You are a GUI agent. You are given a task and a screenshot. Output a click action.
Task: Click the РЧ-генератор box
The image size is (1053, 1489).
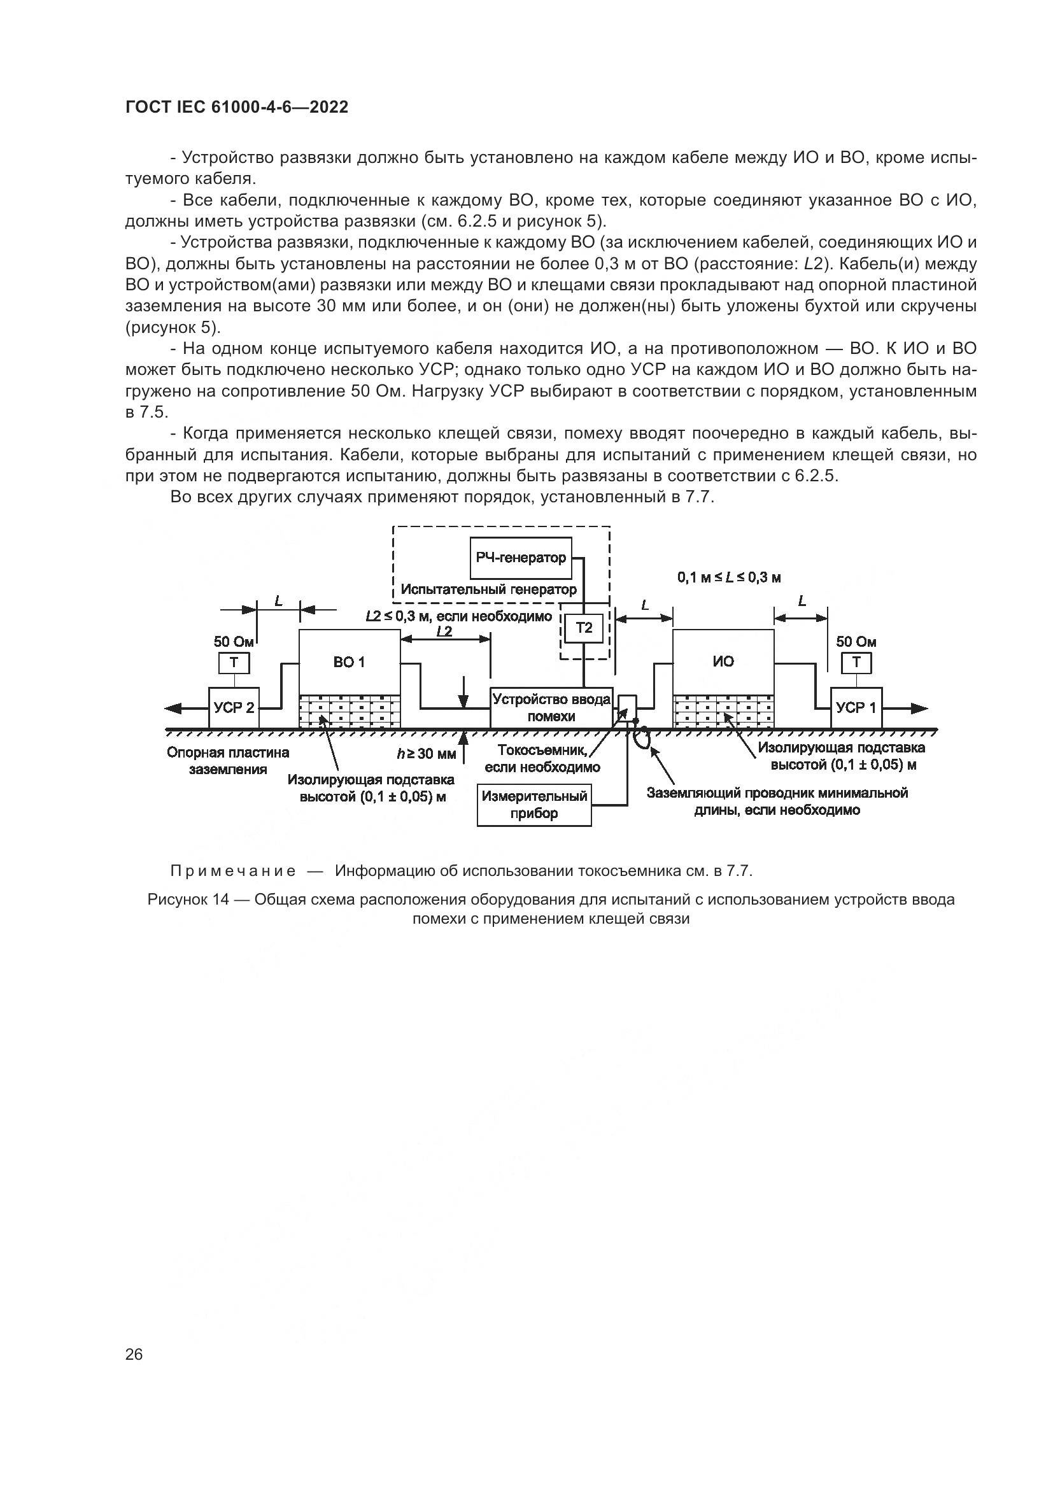point(521,558)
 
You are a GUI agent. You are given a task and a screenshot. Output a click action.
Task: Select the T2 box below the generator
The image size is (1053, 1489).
point(584,628)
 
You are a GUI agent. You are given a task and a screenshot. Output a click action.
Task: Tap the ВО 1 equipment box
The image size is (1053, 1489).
point(349,661)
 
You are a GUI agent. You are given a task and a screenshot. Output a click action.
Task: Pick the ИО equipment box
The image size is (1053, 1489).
point(723,661)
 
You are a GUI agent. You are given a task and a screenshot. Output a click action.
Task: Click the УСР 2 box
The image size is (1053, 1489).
point(234,707)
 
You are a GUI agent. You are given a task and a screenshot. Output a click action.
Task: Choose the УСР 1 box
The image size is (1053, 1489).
point(856,707)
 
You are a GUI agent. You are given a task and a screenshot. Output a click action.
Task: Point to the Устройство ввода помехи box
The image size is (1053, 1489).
point(551,707)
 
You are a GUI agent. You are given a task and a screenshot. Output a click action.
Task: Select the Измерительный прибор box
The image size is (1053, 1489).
point(534,805)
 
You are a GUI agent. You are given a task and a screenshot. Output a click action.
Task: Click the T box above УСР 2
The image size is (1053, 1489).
point(234,663)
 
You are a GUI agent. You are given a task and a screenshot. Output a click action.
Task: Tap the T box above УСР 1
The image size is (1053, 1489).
point(856,663)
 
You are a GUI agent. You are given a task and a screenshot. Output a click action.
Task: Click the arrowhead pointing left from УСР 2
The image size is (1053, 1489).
point(174,709)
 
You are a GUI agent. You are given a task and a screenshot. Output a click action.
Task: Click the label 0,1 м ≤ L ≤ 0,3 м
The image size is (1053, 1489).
point(729,577)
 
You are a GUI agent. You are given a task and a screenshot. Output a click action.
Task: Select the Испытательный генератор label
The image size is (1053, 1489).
point(488,589)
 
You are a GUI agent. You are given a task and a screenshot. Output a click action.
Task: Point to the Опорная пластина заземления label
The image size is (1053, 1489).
point(227,761)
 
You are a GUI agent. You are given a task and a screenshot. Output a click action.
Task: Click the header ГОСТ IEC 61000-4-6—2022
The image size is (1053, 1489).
point(237,107)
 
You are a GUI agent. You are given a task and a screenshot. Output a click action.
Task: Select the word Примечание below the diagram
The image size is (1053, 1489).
point(233,871)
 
